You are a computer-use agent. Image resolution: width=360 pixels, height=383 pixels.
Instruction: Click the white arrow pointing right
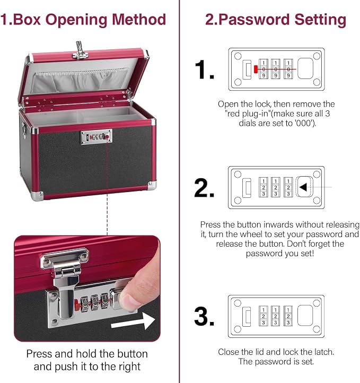coord(133,321)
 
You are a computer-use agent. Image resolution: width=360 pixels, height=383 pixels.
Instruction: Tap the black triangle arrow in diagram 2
coord(303,187)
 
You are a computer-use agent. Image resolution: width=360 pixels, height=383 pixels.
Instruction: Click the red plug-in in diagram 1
coord(256,69)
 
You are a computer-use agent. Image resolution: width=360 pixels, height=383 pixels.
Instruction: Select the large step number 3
coord(204,316)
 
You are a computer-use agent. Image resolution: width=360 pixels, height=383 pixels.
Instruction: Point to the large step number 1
coord(205,69)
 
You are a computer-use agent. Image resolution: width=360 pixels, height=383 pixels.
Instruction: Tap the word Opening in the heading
coord(76,20)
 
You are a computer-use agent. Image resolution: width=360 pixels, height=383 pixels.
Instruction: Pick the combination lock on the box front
coord(96,137)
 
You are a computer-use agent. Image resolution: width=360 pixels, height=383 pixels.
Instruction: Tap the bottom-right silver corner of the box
coord(152,185)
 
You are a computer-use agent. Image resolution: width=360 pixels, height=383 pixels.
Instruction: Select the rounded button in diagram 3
coord(305,316)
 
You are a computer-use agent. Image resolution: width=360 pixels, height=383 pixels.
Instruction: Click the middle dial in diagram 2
coord(276,187)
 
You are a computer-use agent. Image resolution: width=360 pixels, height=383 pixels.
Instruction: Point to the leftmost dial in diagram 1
coord(264,69)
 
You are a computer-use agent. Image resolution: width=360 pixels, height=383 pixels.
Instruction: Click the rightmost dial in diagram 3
coord(288,316)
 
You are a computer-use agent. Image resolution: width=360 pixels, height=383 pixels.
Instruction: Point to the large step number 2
coord(204,188)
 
